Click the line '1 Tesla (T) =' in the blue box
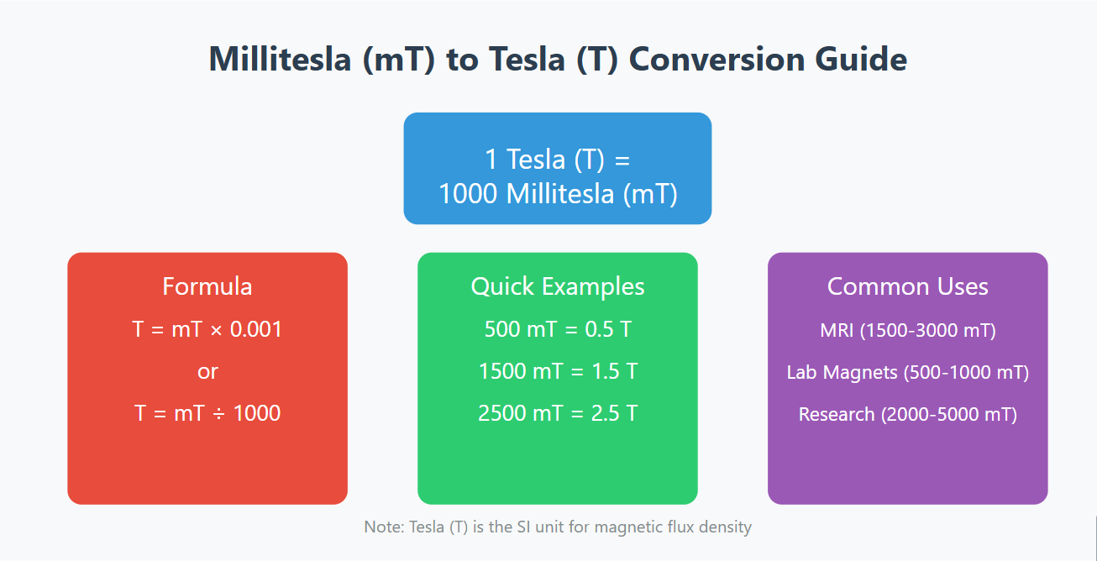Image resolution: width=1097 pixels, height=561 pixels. pyautogui.click(x=557, y=159)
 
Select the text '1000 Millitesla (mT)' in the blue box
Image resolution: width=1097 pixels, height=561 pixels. pyautogui.click(x=557, y=193)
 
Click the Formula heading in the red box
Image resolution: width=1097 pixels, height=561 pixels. pyautogui.click(x=207, y=286)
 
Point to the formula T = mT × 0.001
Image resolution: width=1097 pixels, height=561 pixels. pyautogui.click(x=207, y=329)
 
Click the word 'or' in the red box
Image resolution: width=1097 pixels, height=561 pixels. pyautogui.click(x=207, y=371)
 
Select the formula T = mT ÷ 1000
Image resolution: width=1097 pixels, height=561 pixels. pyautogui.click(x=207, y=413)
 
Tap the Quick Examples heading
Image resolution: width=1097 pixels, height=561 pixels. pyautogui.click(x=558, y=286)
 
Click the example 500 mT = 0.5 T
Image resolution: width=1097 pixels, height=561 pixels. pyautogui.click(x=558, y=329)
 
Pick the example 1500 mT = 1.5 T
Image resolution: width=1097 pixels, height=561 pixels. pyautogui.click(x=558, y=371)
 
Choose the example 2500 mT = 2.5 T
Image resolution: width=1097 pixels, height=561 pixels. pyautogui.click(x=558, y=413)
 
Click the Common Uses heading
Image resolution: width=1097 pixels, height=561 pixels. pyautogui.click(x=907, y=286)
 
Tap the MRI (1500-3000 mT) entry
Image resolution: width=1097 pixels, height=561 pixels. pyautogui.click(x=907, y=330)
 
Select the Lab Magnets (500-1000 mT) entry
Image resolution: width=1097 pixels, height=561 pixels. pyautogui.click(x=907, y=372)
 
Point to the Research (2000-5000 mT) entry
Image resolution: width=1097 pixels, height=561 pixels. pyautogui.click(x=907, y=414)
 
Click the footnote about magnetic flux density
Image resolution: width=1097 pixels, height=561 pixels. pyautogui.click(x=558, y=527)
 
